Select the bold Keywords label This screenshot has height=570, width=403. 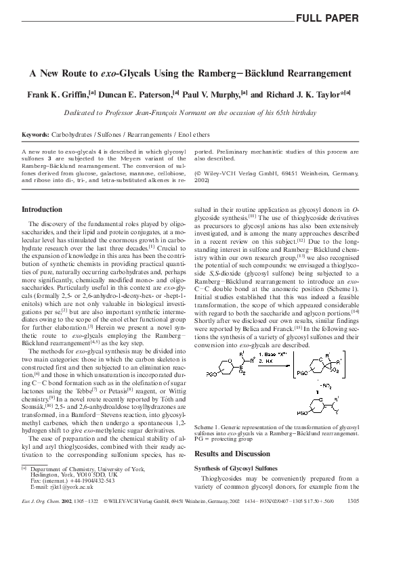[x=35, y=135]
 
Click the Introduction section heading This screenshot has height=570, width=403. [x=43, y=210]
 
